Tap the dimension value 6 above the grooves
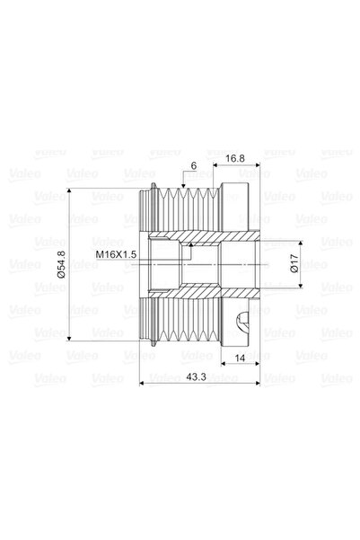(192, 167)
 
